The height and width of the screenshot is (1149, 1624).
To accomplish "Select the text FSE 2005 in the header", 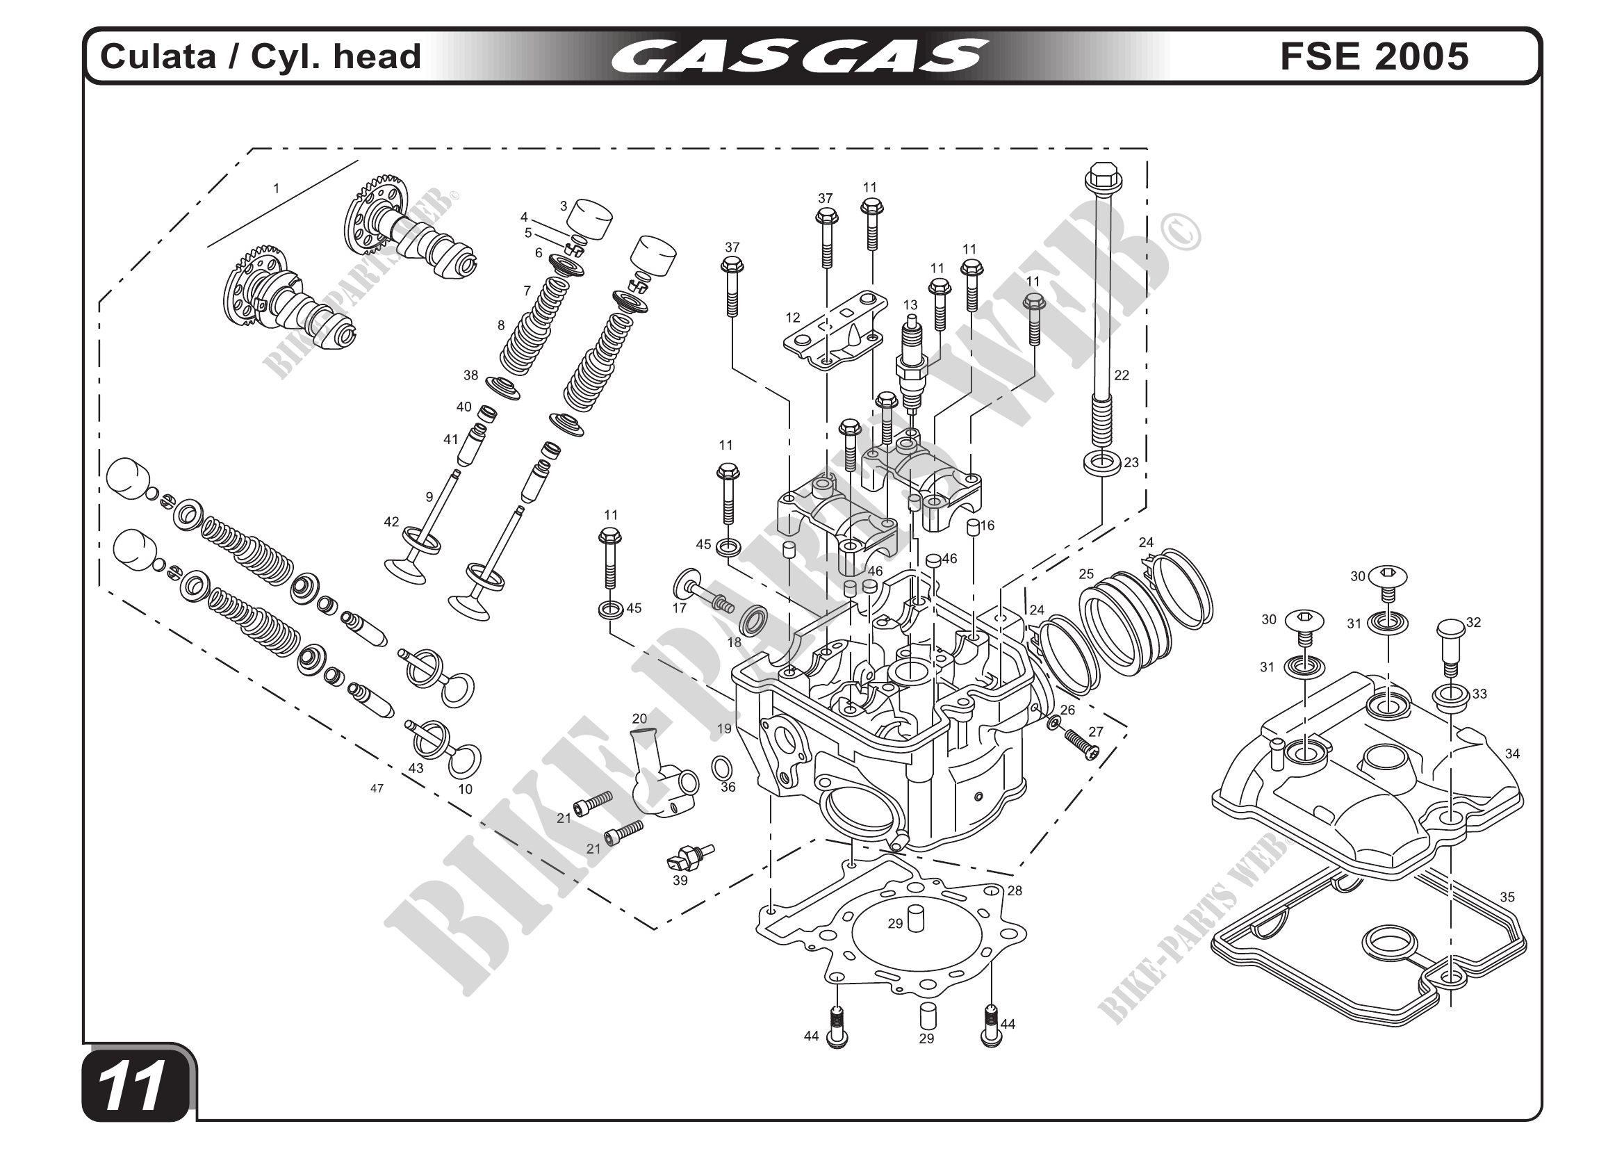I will pyautogui.click(x=1374, y=56).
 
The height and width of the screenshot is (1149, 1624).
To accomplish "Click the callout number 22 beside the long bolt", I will pyautogui.click(x=1122, y=375).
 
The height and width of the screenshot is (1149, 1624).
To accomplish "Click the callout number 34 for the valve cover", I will pyautogui.click(x=1512, y=754).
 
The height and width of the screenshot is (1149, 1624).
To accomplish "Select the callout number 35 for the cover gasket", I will pyautogui.click(x=1507, y=897).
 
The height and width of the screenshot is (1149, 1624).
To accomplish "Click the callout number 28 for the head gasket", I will pyautogui.click(x=1015, y=890).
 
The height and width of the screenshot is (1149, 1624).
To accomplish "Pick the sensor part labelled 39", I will pyautogui.click(x=689, y=857).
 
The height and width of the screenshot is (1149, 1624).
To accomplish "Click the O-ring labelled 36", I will pyautogui.click(x=721, y=767).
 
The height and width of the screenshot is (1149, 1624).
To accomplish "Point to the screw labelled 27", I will pyautogui.click(x=1082, y=745).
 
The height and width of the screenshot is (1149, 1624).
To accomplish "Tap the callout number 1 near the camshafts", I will pyautogui.click(x=277, y=189).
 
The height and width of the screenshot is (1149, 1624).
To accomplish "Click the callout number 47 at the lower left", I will pyautogui.click(x=377, y=788).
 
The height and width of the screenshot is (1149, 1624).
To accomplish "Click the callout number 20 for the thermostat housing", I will pyautogui.click(x=639, y=719).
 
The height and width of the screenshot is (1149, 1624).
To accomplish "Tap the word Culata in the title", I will pyautogui.click(x=158, y=56).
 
